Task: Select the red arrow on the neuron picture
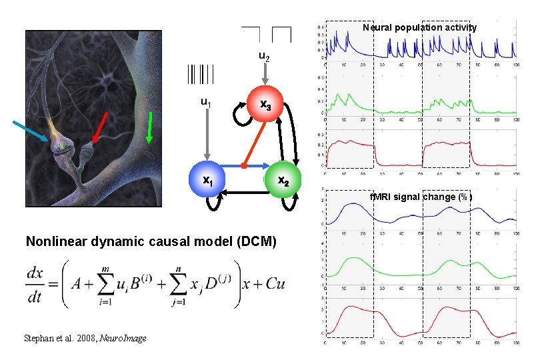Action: (101, 127)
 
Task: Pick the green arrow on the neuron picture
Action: (150, 127)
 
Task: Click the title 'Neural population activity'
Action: (419, 28)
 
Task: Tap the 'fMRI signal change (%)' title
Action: (421, 197)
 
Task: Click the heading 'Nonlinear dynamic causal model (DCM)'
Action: (151, 241)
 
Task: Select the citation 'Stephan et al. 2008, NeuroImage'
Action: (85, 339)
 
